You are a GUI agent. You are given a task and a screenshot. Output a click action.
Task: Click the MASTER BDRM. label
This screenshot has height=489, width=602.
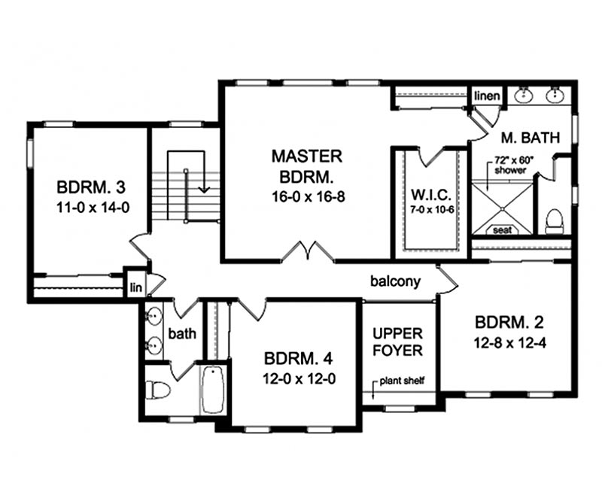[x=307, y=166]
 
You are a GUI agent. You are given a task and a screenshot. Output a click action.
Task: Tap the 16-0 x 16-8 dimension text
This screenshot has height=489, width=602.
[x=309, y=197]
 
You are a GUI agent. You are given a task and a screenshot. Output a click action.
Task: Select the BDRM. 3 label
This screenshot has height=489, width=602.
[x=91, y=187]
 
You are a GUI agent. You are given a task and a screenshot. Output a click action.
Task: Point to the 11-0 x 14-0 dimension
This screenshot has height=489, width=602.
[x=93, y=208]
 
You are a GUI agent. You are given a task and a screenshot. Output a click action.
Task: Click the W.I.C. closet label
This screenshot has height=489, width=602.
[x=431, y=195]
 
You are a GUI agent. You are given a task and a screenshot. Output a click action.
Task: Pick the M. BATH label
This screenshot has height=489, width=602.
[x=531, y=138]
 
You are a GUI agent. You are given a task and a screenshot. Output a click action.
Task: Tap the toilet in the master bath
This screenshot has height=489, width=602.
[x=554, y=221]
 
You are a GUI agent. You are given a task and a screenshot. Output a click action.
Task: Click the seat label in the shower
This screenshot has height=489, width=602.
[x=502, y=230]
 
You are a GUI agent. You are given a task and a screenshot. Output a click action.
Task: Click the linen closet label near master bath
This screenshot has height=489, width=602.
[x=487, y=96]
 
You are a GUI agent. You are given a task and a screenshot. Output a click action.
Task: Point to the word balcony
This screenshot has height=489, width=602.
[x=396, y=281]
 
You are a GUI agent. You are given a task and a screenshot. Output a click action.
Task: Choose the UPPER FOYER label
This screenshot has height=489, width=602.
[x=398, y=342]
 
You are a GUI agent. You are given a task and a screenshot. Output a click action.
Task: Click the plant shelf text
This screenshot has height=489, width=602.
[x=402, y=381]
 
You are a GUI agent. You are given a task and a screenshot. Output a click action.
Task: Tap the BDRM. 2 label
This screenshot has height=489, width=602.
[x=509, y=323]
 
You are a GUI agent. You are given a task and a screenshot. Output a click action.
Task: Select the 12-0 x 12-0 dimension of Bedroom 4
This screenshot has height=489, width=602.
[x=299, y=379]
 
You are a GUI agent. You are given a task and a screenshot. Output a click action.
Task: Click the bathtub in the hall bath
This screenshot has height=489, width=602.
[x=213, y=390]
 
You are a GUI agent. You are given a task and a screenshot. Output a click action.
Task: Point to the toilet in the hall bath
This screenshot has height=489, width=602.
[x=158, y=390]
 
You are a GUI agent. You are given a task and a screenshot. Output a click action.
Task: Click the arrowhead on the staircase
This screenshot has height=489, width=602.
[x=204, y=190]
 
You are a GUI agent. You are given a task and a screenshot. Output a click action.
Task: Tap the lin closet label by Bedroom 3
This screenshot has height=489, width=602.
[x=136, y=287]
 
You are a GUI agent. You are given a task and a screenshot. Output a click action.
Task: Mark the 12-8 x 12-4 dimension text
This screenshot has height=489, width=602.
[x=510, y=343]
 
